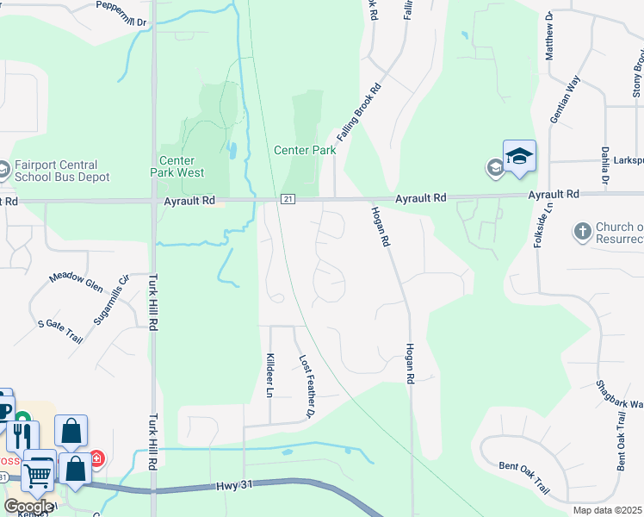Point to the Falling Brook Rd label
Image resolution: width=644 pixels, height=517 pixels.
tap(359, 113)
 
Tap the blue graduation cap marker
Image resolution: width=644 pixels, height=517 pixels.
tap(519, 156)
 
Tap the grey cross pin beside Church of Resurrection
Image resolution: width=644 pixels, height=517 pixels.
tap(582, 231)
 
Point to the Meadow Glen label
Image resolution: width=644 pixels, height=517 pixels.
tap(76, 281)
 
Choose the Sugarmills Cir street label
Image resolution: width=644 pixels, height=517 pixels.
tap(111, 298)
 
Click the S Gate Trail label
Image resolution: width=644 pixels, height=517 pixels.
tap(60, 330)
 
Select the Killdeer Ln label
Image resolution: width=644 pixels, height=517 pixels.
tap(269, 375)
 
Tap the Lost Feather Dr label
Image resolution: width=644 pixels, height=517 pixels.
tap(305, 387)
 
